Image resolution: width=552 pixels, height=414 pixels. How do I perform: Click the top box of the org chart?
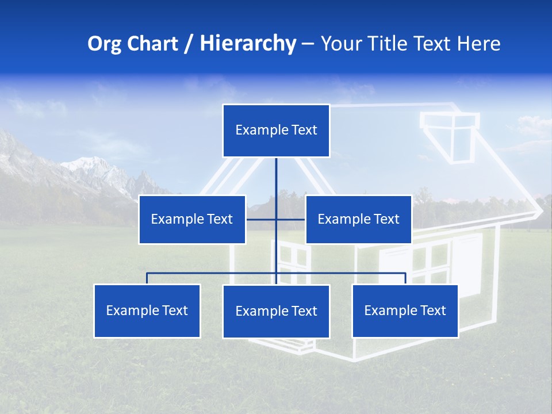[276, 131]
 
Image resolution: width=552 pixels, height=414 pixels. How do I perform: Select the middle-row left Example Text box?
[192, 219]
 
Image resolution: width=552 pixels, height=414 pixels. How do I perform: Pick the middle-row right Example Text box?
[358, 219]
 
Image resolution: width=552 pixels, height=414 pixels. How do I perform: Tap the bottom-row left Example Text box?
[147, 310]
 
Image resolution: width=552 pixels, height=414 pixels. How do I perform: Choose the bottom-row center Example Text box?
[276, 311]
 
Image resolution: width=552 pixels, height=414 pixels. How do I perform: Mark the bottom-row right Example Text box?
[405, 310]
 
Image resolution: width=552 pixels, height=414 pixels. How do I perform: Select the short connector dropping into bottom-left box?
[147, 278]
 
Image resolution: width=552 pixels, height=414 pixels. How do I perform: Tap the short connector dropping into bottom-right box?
[405, 278]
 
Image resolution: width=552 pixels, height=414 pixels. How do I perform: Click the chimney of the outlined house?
[450, 135]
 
